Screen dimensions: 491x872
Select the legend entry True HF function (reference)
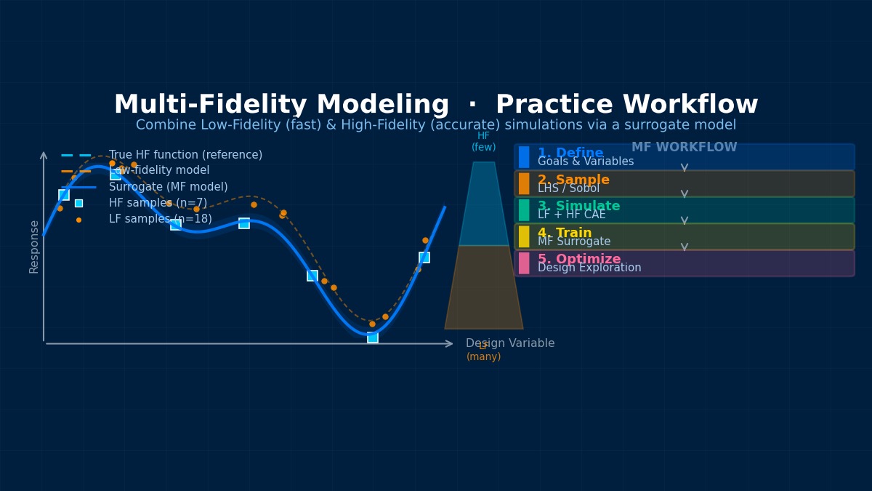[185, 155]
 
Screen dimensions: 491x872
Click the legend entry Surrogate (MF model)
[168, 187]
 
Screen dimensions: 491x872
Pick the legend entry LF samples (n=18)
[160, 219]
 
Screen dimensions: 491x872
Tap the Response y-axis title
[34, 247]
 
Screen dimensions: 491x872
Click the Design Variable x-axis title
[510, 343]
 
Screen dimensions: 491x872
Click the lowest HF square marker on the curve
[373, 338]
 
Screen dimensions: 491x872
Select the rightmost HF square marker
[424, 258]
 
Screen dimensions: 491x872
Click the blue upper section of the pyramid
[484, 207]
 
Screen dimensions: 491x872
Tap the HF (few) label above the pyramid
[484, 141]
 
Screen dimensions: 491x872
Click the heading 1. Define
[570, 153]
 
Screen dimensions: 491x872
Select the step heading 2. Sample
[573, 180]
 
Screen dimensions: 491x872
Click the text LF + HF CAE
[571, 215]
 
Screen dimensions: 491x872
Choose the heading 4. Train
[565, 233]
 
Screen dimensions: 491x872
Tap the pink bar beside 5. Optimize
[524, 263]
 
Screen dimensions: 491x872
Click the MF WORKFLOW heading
[684, 148]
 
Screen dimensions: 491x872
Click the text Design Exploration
[589, 268]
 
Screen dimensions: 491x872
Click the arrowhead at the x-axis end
[450, 343]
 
